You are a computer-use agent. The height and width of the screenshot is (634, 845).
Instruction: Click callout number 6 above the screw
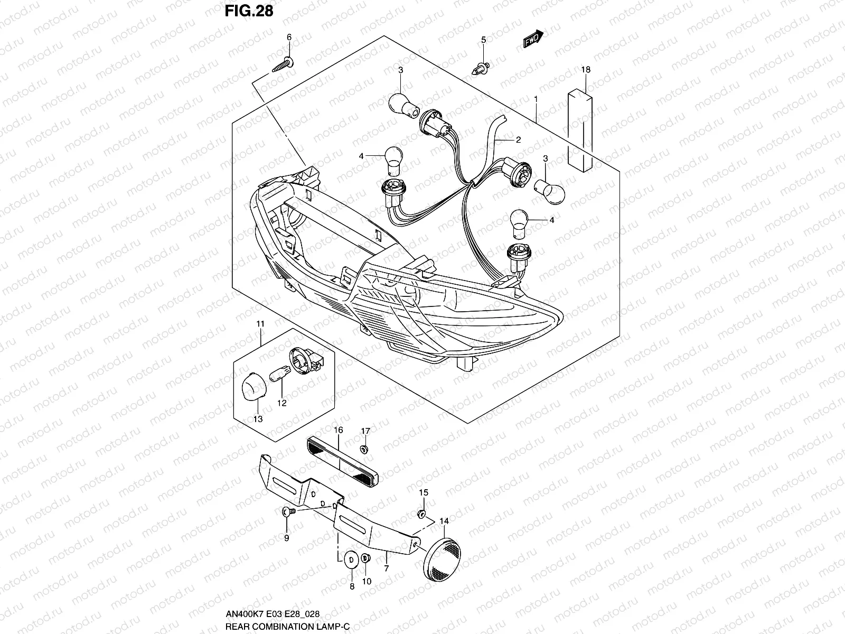[289, 38]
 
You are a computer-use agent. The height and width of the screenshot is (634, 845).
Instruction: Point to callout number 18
[585, 70]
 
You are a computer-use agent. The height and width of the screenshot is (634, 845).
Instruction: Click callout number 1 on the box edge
[536, 99]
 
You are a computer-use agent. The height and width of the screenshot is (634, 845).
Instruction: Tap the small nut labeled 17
[364, 449]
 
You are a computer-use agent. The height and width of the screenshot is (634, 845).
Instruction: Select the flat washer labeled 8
[350, 560]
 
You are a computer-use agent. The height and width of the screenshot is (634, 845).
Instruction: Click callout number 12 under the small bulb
[281, 403]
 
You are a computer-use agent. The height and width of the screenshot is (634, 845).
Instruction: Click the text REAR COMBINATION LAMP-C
[287, 626]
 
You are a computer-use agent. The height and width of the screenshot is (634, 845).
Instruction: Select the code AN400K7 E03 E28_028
[272, 614]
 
